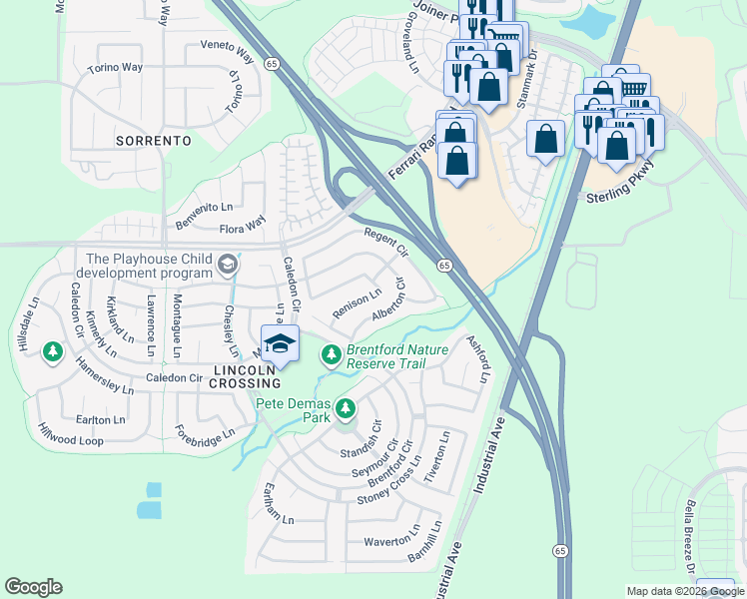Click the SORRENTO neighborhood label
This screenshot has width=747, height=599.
point(153,141)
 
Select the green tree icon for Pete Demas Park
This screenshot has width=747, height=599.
point(346,407)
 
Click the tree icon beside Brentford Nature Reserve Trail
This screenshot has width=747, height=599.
point(332,354)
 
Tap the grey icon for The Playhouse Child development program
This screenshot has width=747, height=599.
point(227,265)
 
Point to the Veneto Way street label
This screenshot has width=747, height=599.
point(230,46)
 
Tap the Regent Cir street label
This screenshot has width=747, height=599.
point(386,242)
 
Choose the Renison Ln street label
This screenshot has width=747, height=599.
point(357,303)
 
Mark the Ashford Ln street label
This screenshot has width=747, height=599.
point(478,358)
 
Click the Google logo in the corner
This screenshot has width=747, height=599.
point(33,587)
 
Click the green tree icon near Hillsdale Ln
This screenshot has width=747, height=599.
point(52,351)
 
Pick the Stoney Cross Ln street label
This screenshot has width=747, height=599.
point(384,485)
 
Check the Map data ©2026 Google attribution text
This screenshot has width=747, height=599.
point(684,591)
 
